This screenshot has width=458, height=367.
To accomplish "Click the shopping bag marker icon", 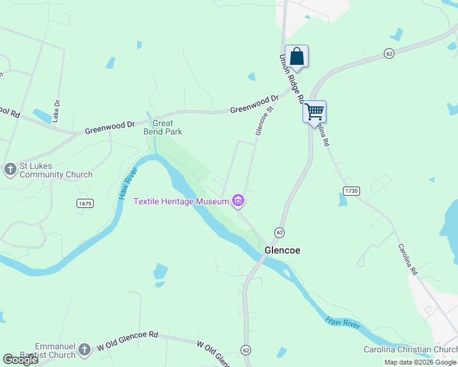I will pyautogui.click(x=296, y=56).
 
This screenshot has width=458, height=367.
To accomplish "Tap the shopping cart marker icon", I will pyautogui.click(x=314, y=112).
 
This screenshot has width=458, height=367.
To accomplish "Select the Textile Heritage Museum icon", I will pyautogui.click(x=238, y=201).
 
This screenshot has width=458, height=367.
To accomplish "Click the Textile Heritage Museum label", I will pyautogui.click(x=181, y=201).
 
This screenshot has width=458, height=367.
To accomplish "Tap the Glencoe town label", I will pyautogui.click(x=282, y=251).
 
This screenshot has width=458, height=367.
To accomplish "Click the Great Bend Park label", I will pyautogui.click(x=163, y=127).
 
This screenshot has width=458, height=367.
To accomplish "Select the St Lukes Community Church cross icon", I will pyautogui.click(x=10, y=169).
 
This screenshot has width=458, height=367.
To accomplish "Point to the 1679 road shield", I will pyautogui.click(x=84, y=202).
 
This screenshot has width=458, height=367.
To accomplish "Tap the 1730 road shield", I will pyautogui.click(x=350, y=191).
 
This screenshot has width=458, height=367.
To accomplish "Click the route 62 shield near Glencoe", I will pyautogui.click(x=280, y=232).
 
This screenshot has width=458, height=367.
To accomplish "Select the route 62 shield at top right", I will pyautogui.click(x=389, y=54).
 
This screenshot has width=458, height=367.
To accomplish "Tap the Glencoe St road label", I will pyautogui.click(x=263, y=119).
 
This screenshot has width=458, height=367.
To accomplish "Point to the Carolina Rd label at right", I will pyautogui.click(x=407, y=259).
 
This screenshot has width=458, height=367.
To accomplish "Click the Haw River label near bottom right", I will pyautogui.click(x=343, y=323).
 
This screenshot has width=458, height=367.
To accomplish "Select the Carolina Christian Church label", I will pyautogui.click(x=407, y=350).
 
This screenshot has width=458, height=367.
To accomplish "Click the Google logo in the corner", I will pyautogui.click(x=20, y=360).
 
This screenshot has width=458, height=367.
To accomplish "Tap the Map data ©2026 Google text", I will pyautogui.click(x=421, y=362).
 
